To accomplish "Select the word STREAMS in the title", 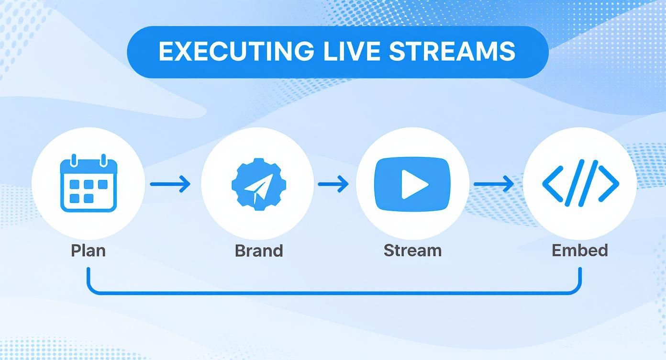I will [452, 52].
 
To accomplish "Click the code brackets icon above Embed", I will [580, 183].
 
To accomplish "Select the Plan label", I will [88, 250].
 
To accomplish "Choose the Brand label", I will [258, 250].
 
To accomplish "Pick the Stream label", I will [412, 250].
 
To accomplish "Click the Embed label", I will [579, 250].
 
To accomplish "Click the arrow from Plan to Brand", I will [170, 184].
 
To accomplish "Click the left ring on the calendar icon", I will [74, 160].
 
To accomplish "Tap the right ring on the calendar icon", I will [103, 160].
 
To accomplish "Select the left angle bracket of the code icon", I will [553, 183].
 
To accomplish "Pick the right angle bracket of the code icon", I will [609, 183].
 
